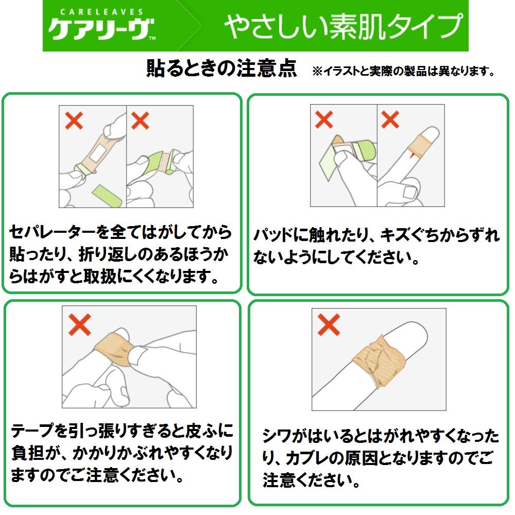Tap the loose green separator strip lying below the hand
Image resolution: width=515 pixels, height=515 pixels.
point(106,196)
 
